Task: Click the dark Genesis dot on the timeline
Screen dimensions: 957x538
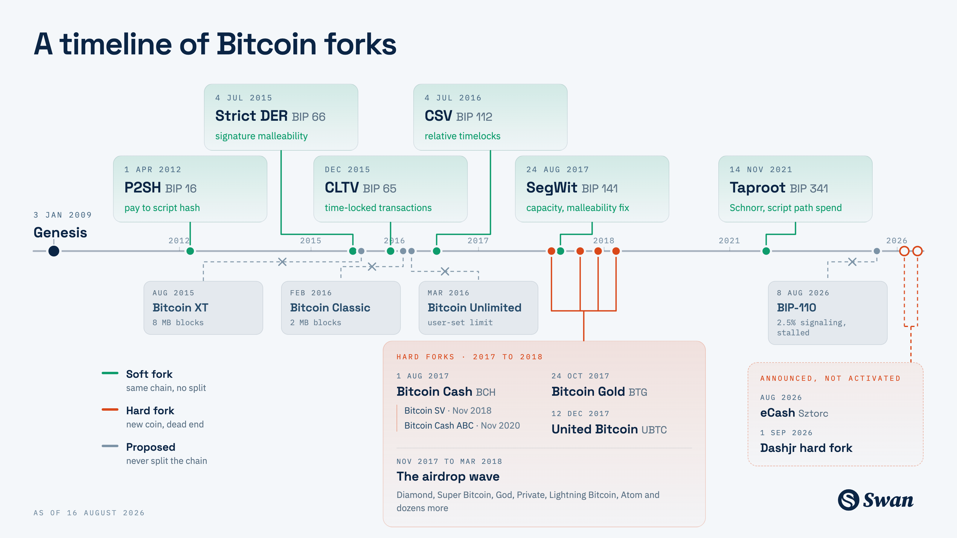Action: point(54,251)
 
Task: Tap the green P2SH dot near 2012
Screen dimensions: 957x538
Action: point(190,251)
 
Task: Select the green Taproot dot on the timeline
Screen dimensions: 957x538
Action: point(766,251)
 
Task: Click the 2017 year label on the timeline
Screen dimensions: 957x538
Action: point(478,241)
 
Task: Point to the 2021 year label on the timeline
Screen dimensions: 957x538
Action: point(729,241)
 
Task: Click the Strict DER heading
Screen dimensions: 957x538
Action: point(252,116)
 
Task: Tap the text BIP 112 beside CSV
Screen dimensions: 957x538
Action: point(474,117)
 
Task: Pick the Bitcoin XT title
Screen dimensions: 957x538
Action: point(181,308)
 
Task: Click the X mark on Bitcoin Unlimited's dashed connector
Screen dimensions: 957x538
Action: point(445,271)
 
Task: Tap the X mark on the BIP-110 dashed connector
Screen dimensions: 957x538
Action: point(852,262)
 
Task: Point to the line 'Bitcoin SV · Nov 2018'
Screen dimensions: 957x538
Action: point(448,410)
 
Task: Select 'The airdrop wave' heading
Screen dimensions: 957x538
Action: point(448,476)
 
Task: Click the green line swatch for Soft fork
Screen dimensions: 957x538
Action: point(110,373)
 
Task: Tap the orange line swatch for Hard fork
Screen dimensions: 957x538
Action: point(110,409)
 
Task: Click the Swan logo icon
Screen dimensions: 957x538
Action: point(848,500)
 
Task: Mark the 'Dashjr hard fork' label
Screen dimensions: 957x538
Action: point(806,448)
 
